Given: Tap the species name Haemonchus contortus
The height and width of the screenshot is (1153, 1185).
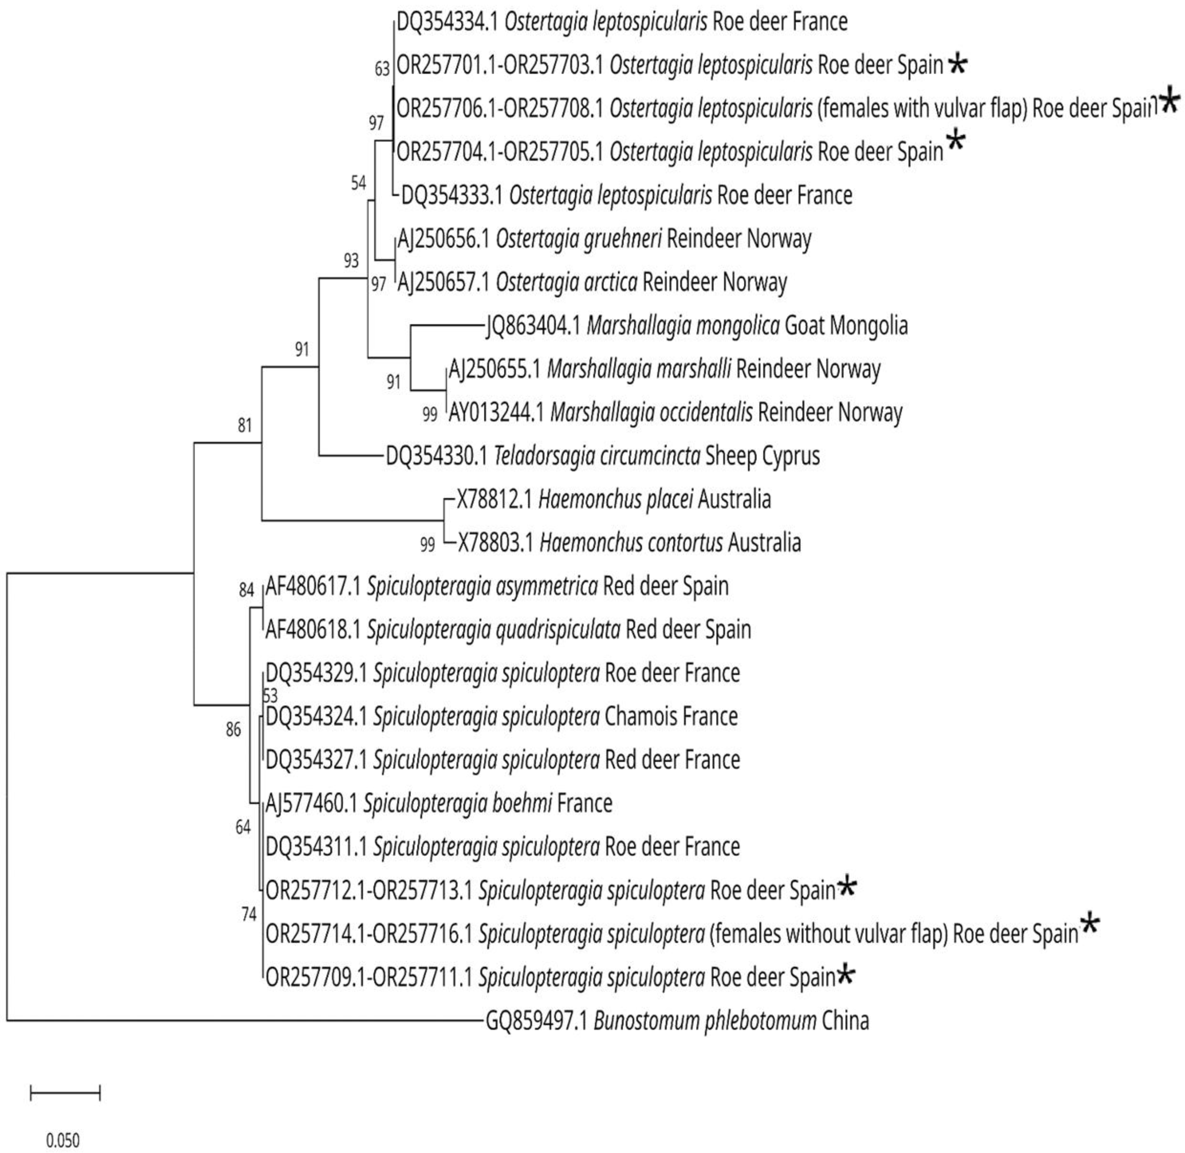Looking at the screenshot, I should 631,543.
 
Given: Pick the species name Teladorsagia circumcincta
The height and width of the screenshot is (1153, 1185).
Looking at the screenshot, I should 597,455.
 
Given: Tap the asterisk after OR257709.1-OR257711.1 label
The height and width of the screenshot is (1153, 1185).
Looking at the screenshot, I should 847,976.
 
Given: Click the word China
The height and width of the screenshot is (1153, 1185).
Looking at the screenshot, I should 845,1021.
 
